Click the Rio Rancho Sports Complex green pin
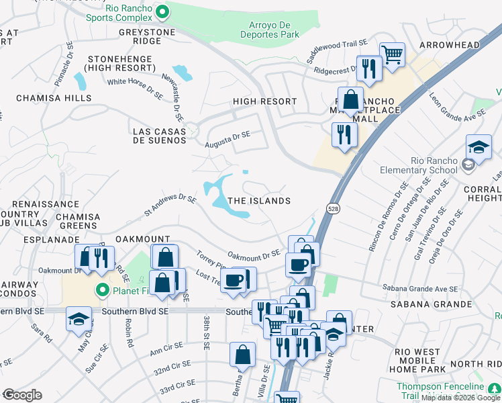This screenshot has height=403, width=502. [x=162, y=11]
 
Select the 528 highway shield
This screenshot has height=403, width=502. [x=333, y=210]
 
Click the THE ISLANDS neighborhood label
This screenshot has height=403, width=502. [x=259, y=201]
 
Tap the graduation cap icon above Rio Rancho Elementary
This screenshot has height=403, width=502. [x=479, y=147]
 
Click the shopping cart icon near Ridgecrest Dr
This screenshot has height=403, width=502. [x=392, y=54]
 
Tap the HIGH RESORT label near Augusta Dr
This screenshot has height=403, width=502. [x=264, y=101]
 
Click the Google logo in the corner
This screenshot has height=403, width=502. [x=21, y=395]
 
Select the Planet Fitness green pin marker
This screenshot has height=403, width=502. [x=102, y=291]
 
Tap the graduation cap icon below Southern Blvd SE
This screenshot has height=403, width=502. [x=79, y=318]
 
